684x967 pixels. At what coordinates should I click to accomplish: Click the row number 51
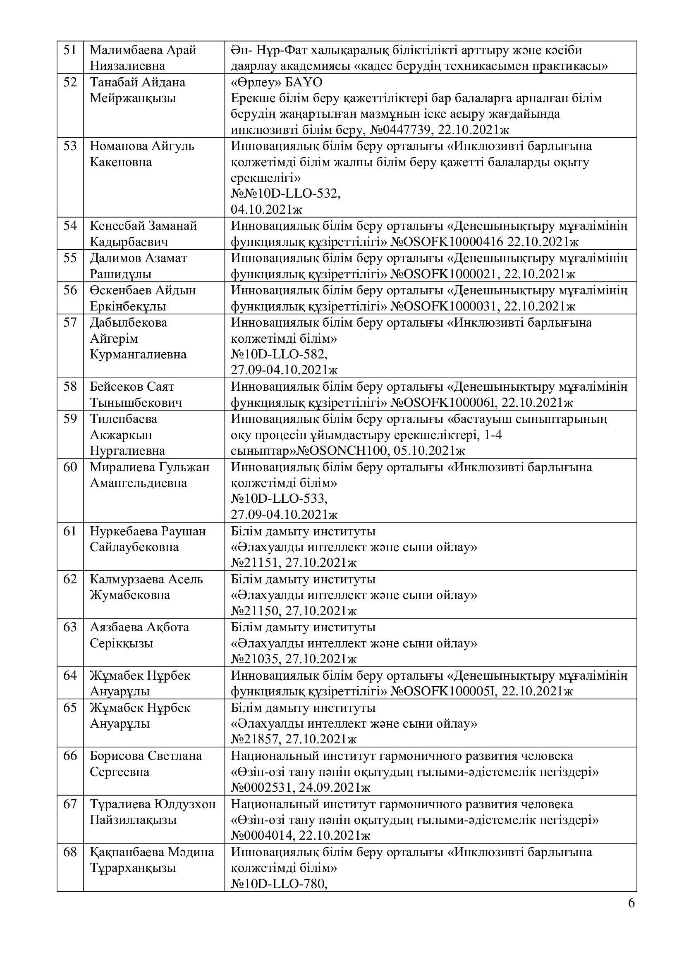[70, 50]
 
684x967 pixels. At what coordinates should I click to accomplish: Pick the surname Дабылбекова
[129, 323]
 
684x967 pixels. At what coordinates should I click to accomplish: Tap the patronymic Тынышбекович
[136, 403]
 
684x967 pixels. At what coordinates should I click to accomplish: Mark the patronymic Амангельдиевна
[138, 483]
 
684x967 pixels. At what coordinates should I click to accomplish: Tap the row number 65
[70, 708]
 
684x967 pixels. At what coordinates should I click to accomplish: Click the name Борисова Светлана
[146, 756]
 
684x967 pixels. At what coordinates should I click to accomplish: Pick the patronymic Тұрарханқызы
[133, 868]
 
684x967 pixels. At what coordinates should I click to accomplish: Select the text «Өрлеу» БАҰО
[276, 82]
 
